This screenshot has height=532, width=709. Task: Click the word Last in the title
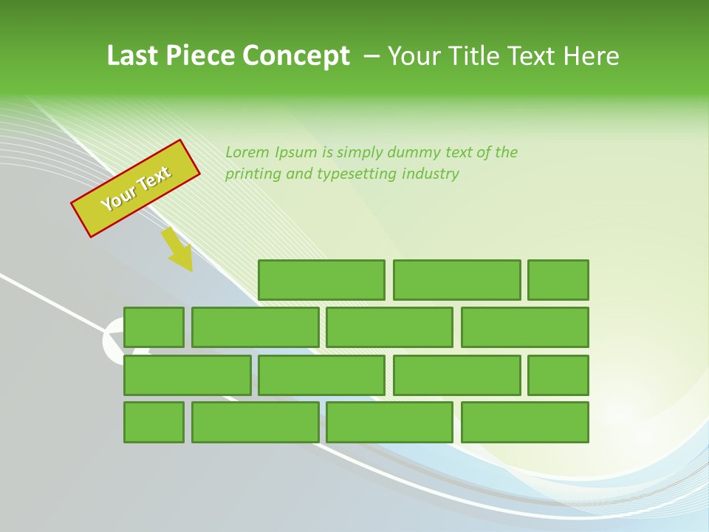pos(134,56)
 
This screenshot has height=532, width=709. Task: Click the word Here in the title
pos(591,56)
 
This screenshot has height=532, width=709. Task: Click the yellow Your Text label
pos(136,188)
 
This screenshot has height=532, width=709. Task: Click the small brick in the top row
pos(558,280)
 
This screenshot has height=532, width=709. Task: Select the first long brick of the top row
pos(321,280)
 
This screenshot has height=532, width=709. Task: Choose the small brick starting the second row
pos(154,327)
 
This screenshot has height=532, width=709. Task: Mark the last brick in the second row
pos(525,327)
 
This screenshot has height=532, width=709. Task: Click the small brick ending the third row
pos(558,375)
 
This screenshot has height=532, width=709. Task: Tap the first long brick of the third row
pos(187,375)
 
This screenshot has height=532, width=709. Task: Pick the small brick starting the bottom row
pos(154,422)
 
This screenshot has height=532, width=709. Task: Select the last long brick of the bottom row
pos(525,422)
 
